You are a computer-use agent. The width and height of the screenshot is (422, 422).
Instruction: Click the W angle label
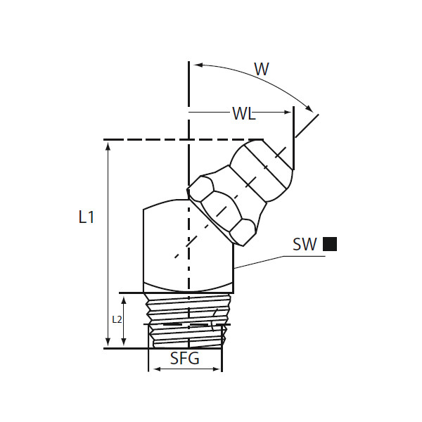pos(262,69)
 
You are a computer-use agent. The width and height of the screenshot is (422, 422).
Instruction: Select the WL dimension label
pos(244,113)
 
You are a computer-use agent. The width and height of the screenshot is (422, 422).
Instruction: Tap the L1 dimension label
pos(87,217)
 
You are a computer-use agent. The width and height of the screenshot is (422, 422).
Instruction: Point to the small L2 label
pos(117,319)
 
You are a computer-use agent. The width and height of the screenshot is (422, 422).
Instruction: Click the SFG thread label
pos(185,358)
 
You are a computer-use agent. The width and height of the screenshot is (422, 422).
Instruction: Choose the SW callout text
pos(305,244)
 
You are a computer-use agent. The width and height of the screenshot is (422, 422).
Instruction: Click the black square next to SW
pos(330,244)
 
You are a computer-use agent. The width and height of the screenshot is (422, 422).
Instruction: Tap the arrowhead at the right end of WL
pos(288,112)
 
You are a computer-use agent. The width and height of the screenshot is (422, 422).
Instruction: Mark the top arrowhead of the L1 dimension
pos(108,146)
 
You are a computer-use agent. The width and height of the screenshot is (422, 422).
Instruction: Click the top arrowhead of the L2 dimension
pos(124,300)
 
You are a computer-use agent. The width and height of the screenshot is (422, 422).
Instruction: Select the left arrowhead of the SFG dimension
pos(157,369)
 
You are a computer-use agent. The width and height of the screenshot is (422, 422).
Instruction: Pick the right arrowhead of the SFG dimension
pos(217,369)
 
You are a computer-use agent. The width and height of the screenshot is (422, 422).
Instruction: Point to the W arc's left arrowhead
pos(198,65)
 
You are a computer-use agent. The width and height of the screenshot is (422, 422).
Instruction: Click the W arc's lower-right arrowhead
pos(309,108)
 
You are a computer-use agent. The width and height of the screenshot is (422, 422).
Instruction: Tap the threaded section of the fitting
pos(188,320)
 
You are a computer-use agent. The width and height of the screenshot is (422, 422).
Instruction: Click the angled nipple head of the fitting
pos(261,171)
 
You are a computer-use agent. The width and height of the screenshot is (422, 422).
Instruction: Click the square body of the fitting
pos(188,246)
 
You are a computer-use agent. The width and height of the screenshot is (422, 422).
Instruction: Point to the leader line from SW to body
pos(280,262)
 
